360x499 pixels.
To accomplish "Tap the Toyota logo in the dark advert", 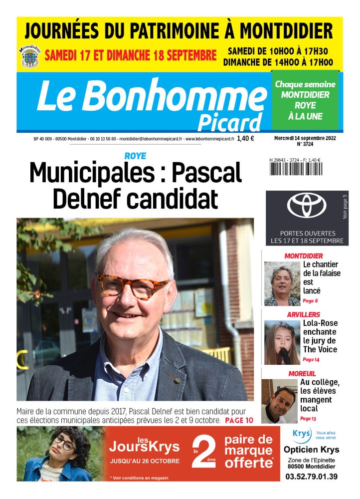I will click(x=306, y=205).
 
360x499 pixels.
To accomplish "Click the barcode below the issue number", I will click(x=295, y=168).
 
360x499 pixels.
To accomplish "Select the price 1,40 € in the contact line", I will click(x=245, y=139).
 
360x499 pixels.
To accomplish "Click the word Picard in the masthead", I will click(x=229, y=122).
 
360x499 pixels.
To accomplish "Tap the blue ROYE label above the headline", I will click(x=135, y=157).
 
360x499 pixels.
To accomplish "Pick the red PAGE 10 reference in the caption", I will click(x=239, y=420).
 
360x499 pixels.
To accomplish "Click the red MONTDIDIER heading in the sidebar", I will click(x=303, y=256).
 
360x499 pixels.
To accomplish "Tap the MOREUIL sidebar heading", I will click(x=302, y=373).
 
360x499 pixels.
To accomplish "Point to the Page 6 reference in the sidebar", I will click(x=310, y=301).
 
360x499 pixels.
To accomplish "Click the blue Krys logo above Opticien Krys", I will click(x=301, y=434).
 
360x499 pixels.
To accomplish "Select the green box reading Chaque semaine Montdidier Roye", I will click(x=305, y=100).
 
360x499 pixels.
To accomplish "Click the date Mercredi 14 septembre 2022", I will click(x=304, y=137).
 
